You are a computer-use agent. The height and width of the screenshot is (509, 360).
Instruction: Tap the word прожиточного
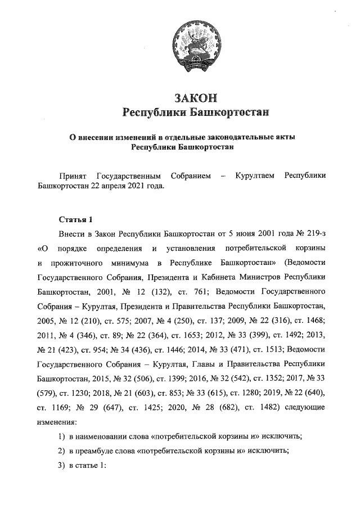point(79,263)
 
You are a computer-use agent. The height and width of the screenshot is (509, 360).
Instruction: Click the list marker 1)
point(63,437)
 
